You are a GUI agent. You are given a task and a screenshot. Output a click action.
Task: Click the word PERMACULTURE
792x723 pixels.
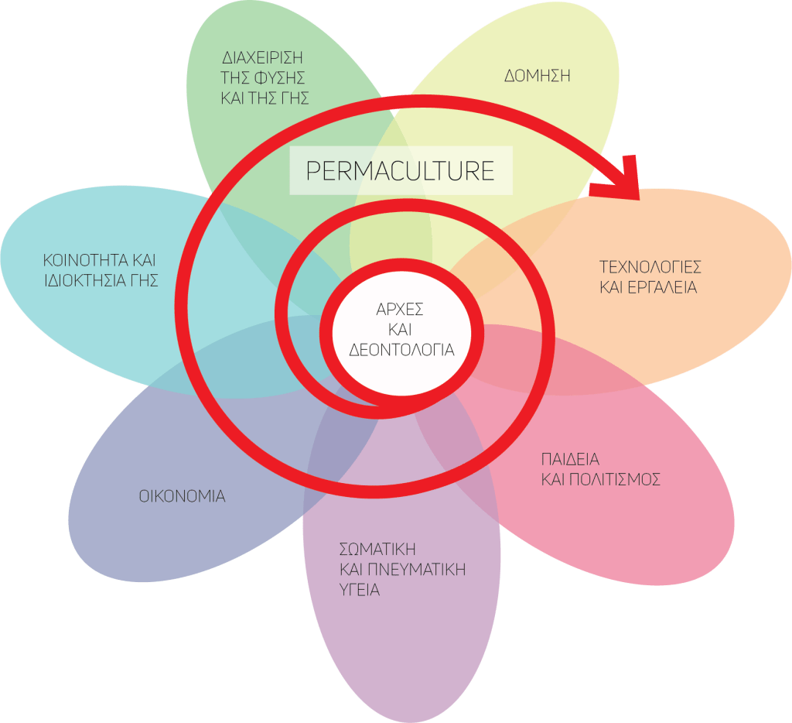[x=400, y=170]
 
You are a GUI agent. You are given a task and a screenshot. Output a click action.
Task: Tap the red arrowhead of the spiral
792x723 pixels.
[x=619, y=179]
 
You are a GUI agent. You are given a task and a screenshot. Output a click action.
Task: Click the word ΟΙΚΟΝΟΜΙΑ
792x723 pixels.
[x=183, y=496]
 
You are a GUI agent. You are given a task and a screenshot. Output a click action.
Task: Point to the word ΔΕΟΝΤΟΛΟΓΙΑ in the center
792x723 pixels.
[x=401, y=349]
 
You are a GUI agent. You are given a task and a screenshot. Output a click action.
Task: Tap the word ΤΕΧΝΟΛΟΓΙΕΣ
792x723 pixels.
[x=650, y=267]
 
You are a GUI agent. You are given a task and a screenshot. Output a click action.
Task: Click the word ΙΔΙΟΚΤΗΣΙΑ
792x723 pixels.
[x=87, y=280]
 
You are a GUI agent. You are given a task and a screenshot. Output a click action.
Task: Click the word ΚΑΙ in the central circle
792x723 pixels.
[x=400, y=330]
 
